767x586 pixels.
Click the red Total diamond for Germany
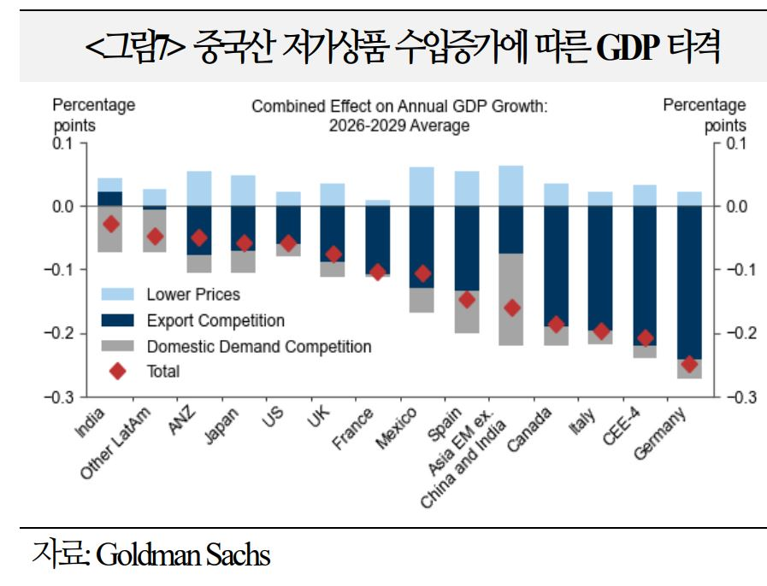pyautogui.click(x=690, y=364)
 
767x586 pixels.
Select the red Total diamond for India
pyautogui.click(x=110, y=224)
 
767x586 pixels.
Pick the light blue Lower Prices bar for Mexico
pyautogui.click(x=422, y=186)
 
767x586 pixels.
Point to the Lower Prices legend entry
pyautogui.click(x=193, y=295)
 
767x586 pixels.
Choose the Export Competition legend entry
pyautogui.click(x=215, y=321)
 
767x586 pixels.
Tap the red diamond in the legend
pyautogui.click(x=118, y=372)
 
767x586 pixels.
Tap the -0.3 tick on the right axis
pyautogui.click(x=735, y=397)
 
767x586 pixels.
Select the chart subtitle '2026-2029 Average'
pyautogui.click(x=398, y=126)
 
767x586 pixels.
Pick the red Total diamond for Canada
pyautogui.click(x=557, y=325)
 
